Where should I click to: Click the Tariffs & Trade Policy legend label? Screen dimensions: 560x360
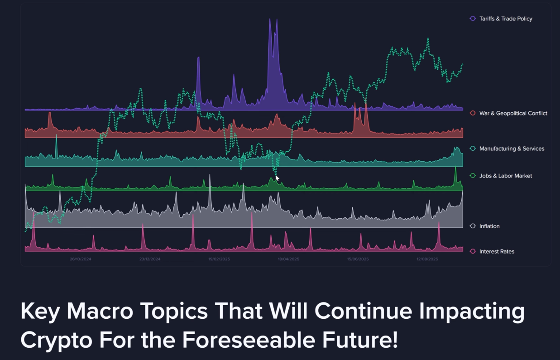(506, 19)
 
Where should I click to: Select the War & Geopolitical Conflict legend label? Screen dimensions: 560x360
(513, 113)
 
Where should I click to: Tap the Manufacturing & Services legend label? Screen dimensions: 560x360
(512, 149)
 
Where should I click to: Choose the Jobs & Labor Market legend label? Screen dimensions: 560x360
(506, 176)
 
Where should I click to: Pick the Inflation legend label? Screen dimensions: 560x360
(489, 226)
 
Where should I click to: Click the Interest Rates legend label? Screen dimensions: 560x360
(497, 251)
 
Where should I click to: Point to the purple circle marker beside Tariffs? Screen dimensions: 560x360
(473, 19)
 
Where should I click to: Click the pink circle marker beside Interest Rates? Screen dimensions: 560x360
(473, 251)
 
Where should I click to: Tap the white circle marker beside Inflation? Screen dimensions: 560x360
(473, 226)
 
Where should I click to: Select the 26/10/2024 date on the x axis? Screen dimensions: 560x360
(81, 259)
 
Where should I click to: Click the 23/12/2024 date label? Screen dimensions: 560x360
(150, 259)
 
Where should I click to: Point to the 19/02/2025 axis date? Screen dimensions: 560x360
(219, 259)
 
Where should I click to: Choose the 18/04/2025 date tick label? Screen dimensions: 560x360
(288, 259)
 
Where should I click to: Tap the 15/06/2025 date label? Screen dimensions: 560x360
(358, 259)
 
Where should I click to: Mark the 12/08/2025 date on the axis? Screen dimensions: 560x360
(427, 259)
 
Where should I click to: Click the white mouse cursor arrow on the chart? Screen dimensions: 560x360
(277, 178)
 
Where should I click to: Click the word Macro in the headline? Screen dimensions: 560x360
(100, 311)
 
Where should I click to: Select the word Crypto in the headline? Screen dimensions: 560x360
(57, 341)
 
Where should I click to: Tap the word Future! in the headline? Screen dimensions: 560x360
(360, 340)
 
